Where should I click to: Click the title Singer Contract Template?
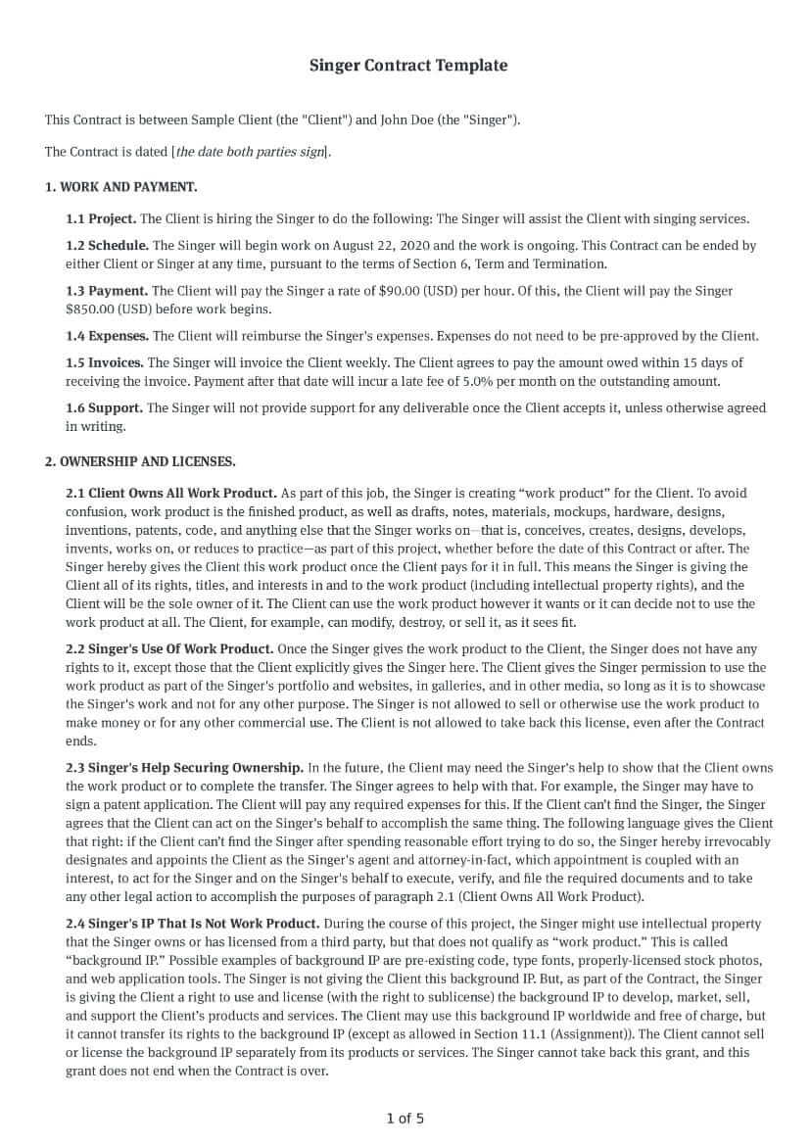408,66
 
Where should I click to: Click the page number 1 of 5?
405,1118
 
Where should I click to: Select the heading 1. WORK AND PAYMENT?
120,186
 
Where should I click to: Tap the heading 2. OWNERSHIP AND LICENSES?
140,460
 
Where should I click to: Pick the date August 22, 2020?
387,246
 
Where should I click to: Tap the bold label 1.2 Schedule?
108,246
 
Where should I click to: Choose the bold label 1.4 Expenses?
109,336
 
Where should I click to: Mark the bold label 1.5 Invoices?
105,362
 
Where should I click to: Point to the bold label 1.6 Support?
104,407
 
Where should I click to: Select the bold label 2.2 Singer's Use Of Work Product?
169,648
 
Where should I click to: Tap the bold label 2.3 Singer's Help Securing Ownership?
185,767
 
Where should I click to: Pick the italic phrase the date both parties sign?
250,152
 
